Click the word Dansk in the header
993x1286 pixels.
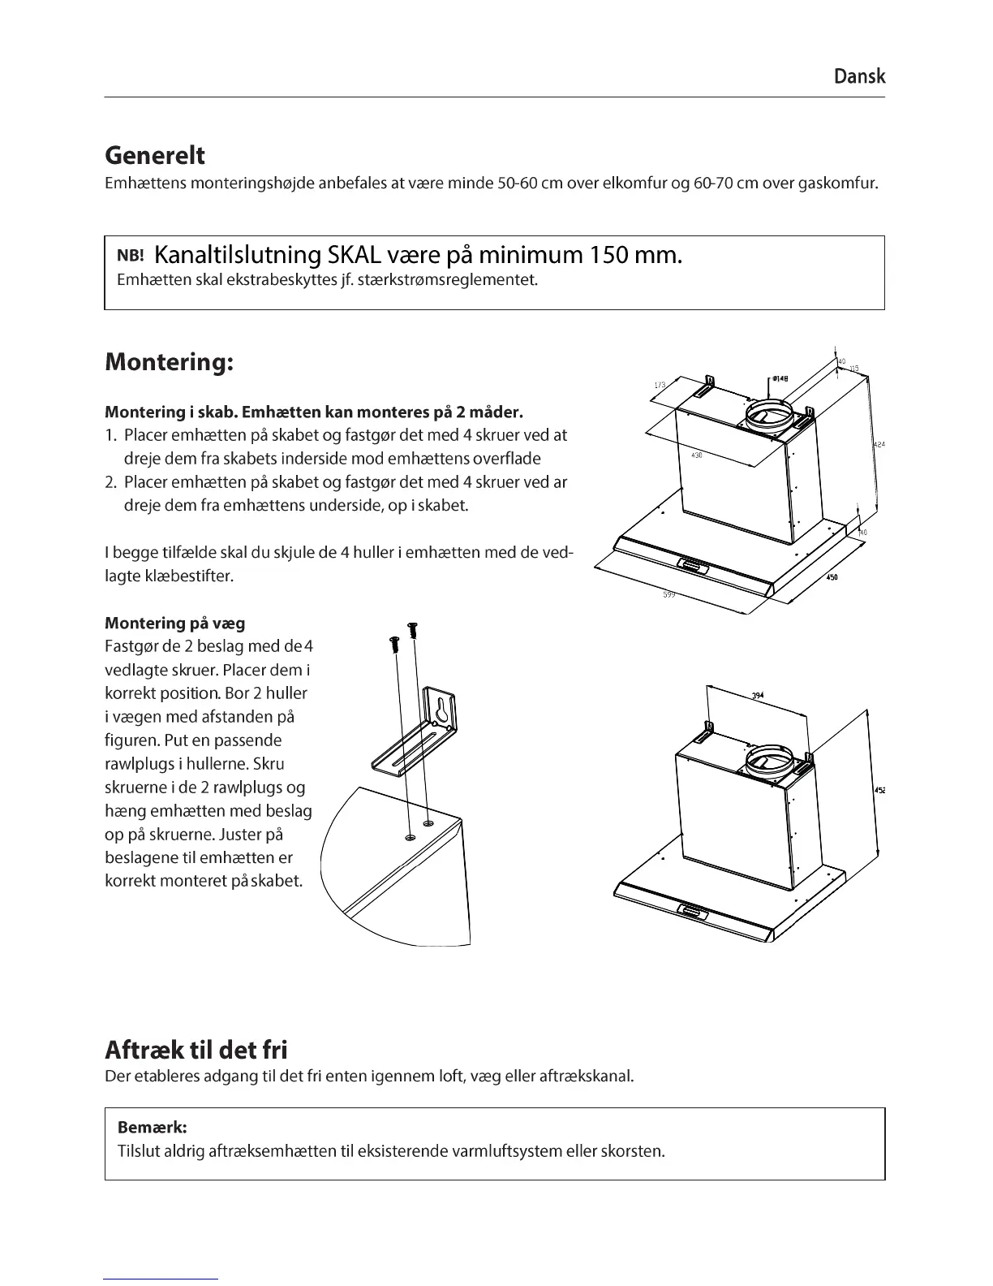(x=859, y=76)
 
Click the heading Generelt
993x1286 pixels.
(x=155, y=155)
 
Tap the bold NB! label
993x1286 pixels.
(x=131, y=256)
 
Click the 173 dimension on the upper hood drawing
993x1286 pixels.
(x=660, y=385)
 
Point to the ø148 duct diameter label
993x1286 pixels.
(x=781, y=378)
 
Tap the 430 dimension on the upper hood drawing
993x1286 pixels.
(x=696, y=455)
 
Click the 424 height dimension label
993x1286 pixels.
(x=879, y=444)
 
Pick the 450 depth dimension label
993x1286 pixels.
(x=832, y=577)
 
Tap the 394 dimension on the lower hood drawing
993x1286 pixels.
(x=758, y=696)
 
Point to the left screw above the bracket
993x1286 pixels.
(x=395, y=644)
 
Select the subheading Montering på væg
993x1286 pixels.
(x=175, y=623)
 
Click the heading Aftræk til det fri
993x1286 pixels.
(x=196, y=1050)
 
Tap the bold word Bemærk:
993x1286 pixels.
(x=153, y=1127)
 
